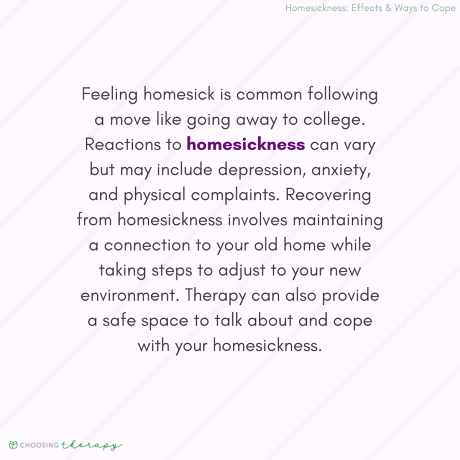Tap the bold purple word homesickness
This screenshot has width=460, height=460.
246,144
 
